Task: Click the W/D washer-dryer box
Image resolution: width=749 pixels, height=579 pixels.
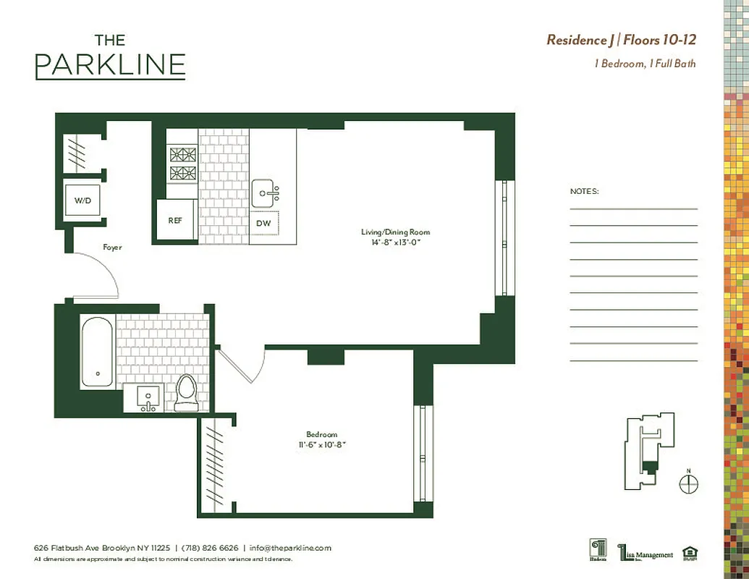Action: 82,200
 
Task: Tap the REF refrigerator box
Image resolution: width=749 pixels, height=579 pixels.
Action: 175,221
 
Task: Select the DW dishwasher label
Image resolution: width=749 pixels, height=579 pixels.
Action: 263,224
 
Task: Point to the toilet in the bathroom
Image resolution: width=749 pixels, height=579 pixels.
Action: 186,394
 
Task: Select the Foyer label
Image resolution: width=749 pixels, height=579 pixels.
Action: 112,248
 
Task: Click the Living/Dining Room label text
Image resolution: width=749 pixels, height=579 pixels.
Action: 395,232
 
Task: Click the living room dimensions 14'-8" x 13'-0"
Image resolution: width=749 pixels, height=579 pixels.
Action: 395,242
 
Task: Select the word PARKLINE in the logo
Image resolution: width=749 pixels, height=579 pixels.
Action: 110,65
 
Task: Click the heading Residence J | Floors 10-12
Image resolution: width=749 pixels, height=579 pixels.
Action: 621,40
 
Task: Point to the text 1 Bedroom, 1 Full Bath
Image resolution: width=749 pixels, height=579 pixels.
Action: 645,64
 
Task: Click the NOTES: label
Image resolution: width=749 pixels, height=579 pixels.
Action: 585,192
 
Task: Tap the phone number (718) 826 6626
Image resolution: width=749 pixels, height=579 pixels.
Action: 209,548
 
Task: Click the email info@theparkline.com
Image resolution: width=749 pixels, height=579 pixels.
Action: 290,548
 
